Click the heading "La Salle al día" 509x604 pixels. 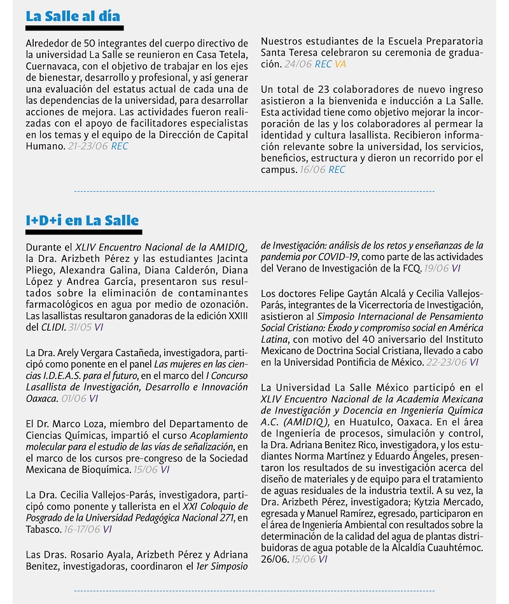tap(73, 16)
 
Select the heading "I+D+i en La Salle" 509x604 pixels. tap(82, 221)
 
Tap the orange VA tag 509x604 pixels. tap(340, 64)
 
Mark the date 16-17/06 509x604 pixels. tap(82, 529)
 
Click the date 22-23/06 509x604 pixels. tap(446, 362)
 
